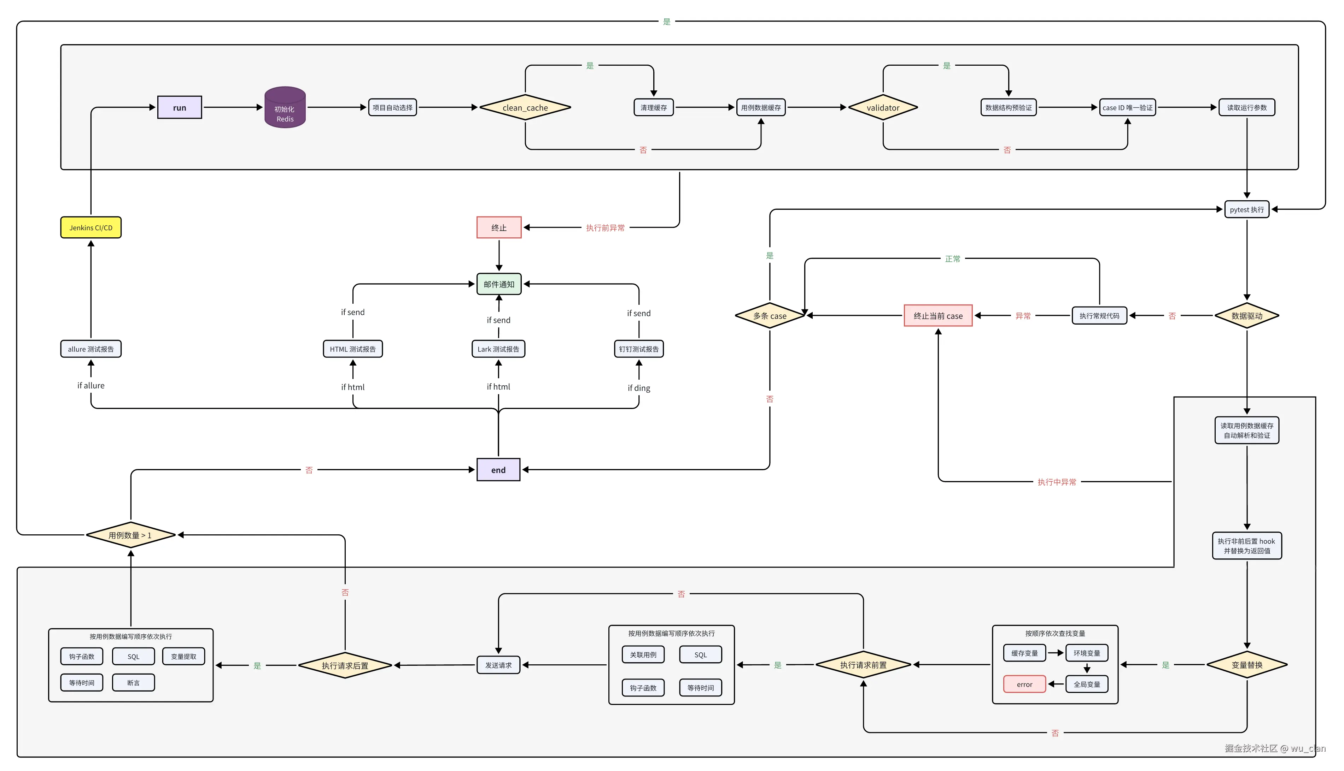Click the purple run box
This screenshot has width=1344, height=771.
pos(179,107)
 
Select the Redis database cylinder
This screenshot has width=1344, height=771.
pos(285,108)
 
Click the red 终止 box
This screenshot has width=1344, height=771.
pos(499,228)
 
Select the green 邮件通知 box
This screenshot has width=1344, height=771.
pos(499,284)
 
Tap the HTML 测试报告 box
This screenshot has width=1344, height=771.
pos(352,349)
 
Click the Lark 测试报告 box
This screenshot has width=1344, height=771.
pos(498,349)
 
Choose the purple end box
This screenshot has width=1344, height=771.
pos(498,470)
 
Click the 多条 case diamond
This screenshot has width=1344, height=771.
pos(770,316)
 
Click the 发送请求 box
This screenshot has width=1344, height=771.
pos(498,665)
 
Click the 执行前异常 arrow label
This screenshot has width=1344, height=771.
pos(605,228)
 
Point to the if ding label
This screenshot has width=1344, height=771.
pos(639,388)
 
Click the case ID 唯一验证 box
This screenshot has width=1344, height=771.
pos(1127,107)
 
